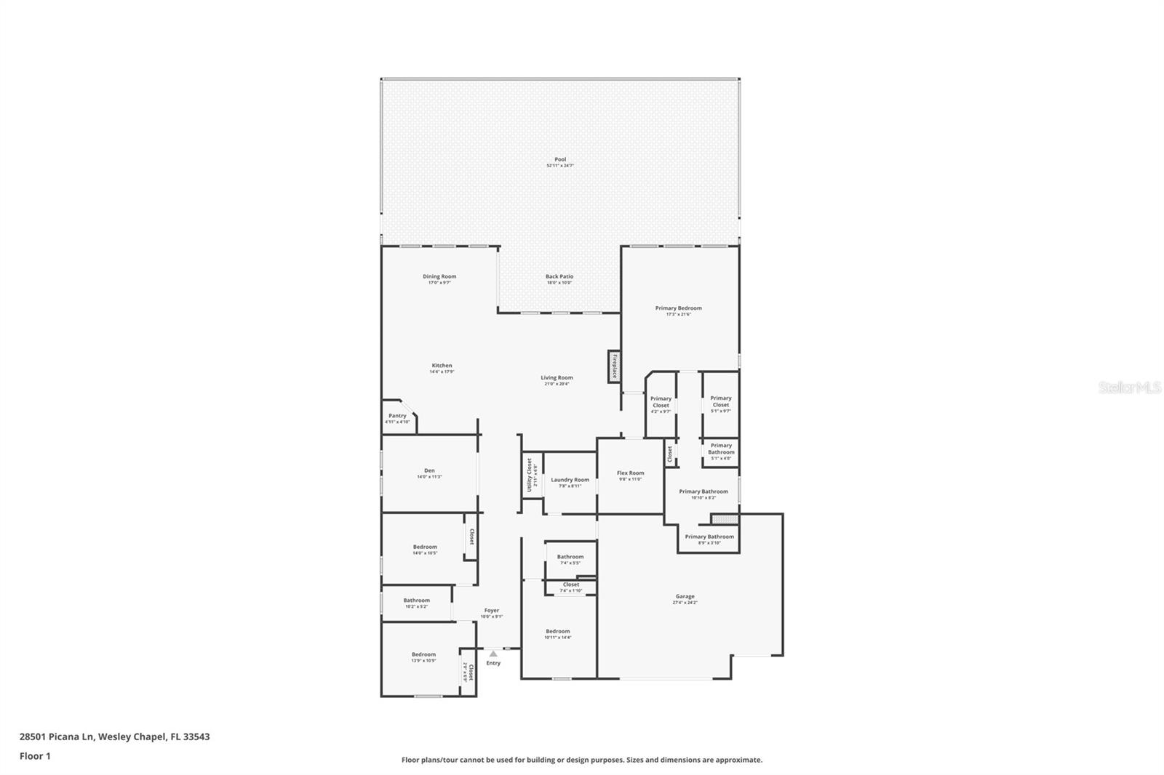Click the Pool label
[559, 160]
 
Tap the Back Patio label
[559, 277]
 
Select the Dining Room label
[439, 277]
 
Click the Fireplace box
[614, 366]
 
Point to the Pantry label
[397, 417]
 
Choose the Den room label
[429, 471]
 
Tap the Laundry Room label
[570, 481]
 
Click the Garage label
[685, 597]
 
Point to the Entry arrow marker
[493, 654]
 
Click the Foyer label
[492, 611]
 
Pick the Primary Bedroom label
[678, 309]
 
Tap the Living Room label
[557, 378]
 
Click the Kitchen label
[442, 366]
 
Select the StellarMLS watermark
[1129, 388]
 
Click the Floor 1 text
[35, 756]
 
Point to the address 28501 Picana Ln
[114, 736]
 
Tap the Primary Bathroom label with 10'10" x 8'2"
[703, 492]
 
